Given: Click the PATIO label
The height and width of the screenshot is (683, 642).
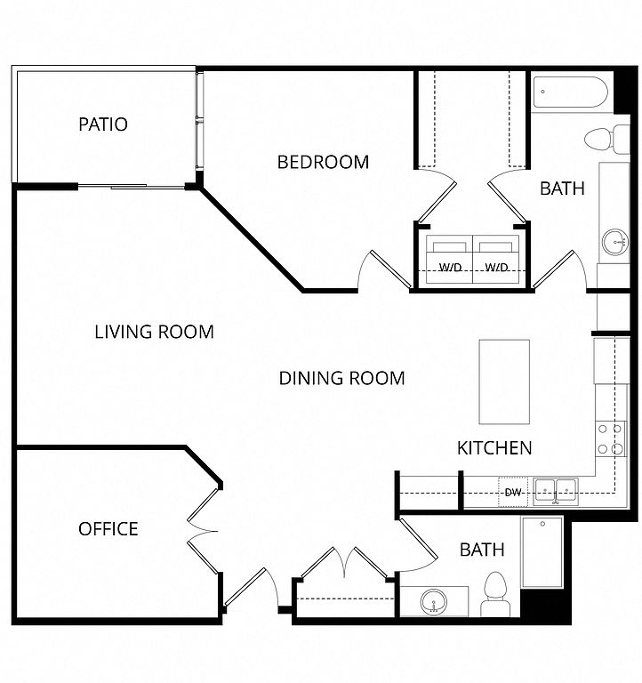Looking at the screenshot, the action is (103, 125).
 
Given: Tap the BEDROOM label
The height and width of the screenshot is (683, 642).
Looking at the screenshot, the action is (323, 162).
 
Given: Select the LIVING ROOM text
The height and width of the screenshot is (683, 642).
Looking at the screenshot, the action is (154, 332).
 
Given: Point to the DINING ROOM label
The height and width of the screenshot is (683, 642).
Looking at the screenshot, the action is (342, 378).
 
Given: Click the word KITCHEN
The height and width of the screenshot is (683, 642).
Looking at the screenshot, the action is (494, 448).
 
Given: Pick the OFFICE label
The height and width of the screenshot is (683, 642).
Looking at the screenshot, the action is (108, 529).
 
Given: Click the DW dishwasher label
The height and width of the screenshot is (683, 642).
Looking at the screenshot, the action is (513, 493).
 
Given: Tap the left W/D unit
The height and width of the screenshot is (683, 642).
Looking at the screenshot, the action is (449, 260).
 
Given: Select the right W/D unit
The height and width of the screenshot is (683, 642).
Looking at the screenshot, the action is (496, 260).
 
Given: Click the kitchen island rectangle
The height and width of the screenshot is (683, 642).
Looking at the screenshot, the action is (504, 382).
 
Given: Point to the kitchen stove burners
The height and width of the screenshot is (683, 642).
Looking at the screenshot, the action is (610, 438).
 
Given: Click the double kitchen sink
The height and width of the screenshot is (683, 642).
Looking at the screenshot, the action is (556, 492).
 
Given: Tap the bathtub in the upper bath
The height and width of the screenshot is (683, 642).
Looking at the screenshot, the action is (570, 92).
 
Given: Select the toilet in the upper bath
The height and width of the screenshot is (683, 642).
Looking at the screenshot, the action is (606, 140).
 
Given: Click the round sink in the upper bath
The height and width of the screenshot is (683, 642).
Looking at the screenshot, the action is (615, 241).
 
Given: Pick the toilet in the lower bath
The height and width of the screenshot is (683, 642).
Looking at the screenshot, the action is (495, 594).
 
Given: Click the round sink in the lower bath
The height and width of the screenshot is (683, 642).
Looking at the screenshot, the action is (434, 602).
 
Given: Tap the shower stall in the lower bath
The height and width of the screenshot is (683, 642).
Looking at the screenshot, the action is (542, 552).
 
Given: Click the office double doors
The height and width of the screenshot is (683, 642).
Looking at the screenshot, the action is (203, 531).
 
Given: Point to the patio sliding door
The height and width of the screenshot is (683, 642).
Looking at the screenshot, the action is (132, 187).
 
